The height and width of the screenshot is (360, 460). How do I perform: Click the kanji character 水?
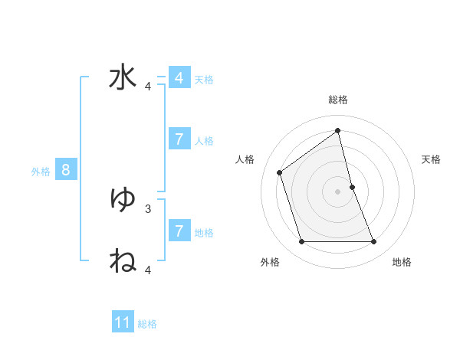coord(123,79)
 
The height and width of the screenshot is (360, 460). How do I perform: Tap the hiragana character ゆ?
coord(123,200)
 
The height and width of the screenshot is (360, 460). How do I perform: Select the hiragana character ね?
coord(123,261)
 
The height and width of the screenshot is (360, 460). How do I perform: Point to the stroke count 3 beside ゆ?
coord(148,208)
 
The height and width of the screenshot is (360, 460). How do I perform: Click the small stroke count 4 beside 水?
coord(148,87)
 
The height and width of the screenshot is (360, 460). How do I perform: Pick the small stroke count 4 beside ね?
coord(148,270)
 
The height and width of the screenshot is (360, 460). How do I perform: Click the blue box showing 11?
coord(123,322)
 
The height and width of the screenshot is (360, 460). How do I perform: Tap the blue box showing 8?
coord(66,170)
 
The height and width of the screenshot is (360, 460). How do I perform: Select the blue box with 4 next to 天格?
coord(179,78)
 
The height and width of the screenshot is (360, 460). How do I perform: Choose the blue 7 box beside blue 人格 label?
coord(179,139)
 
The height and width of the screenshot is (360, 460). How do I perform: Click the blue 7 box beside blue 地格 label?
coord(179,231)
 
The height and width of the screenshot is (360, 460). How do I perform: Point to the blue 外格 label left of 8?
coord(41,172)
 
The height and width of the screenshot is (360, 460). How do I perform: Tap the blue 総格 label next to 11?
coord(147,324)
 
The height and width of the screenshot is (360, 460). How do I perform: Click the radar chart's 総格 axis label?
coord(337,100)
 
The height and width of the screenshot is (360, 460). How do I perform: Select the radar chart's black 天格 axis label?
coord(431,159)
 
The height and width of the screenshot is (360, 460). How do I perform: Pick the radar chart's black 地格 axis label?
coord(402,262)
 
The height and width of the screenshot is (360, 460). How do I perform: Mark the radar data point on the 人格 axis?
coord(280,172)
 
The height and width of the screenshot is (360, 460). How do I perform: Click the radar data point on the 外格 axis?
coord(301,242)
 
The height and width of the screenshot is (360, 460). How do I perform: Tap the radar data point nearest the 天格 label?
coord(352,187)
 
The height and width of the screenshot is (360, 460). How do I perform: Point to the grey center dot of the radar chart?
coord(337,191)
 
